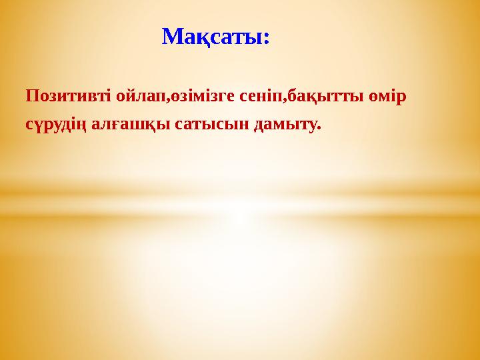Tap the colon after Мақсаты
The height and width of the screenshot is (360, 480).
(267, 39)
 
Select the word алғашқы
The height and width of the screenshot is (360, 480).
(132, 125)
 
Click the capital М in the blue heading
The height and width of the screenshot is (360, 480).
(173, 36)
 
